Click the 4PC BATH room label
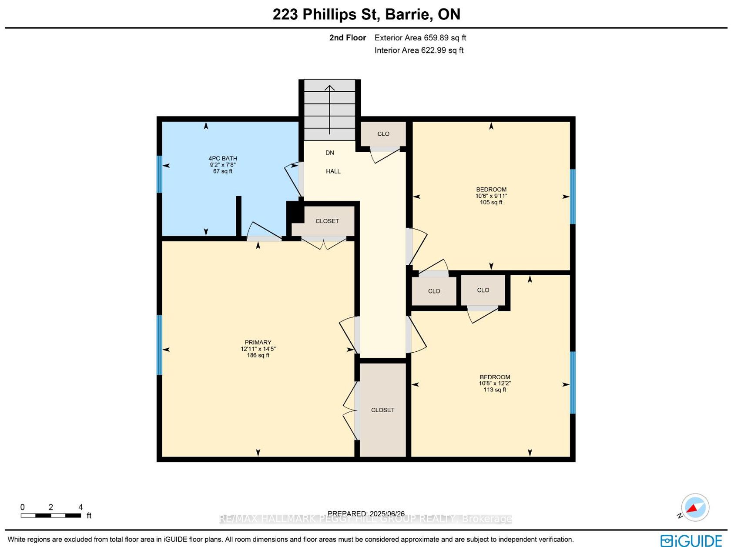pyautogui.click(x=223, y=158)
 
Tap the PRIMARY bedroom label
pyautogui.click(x=258, y=342)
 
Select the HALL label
pyautogui.click(x=333, y=171)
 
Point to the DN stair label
pyautogui.click(x=330, y=153)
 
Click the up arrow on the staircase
pyautogui.click(x=330, y=110)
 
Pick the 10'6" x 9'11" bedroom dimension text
pyautogui.click(x=491, y=196)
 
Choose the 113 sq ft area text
pyautogui.click(x=495, y=390)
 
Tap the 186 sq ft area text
pyautogui.click(x=258, y=355)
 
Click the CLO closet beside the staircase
pyautogui.click(x=383, y=134)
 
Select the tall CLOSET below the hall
pyautogui.click(x=382, y=410)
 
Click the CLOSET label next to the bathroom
pyautogui.click(x=327, y=221)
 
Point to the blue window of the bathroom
pyautogui.click(x=160, y=174)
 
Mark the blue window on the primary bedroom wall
pyautogui.click(x=160, y=345)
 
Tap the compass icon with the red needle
pyautogui.click(x=695, y=507)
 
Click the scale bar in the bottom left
pyautogui.click(x=50, y=515)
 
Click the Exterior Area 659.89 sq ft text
pyautogui.click(x=420, y=38)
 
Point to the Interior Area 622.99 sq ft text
pyautogui.click(x=419, y=50)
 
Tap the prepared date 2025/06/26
pyautogui.click(x=387, y=514)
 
